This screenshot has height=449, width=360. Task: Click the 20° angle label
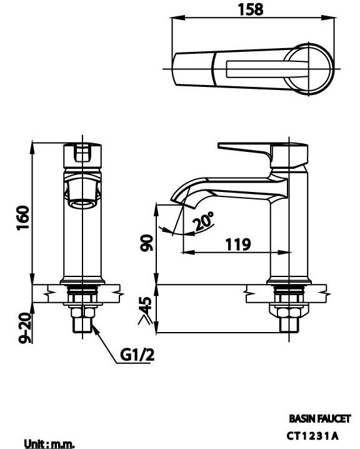tap(204, 222)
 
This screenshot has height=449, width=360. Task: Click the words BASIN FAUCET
tap(319, 419)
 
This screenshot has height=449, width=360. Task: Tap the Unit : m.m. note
tap(49, 443)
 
